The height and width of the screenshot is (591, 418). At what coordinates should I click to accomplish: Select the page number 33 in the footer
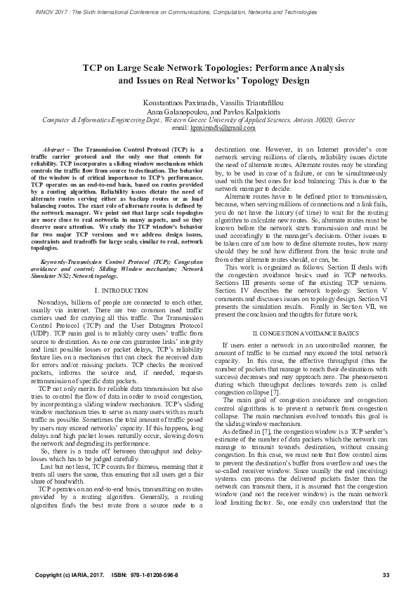pyautogui.click(x=386, y=576)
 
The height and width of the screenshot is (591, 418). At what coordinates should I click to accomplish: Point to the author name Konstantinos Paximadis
pyautogui.click(x=181, y=103)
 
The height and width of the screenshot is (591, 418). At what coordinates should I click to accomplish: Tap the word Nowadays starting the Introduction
pyautogui.click(x=54, y=301)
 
